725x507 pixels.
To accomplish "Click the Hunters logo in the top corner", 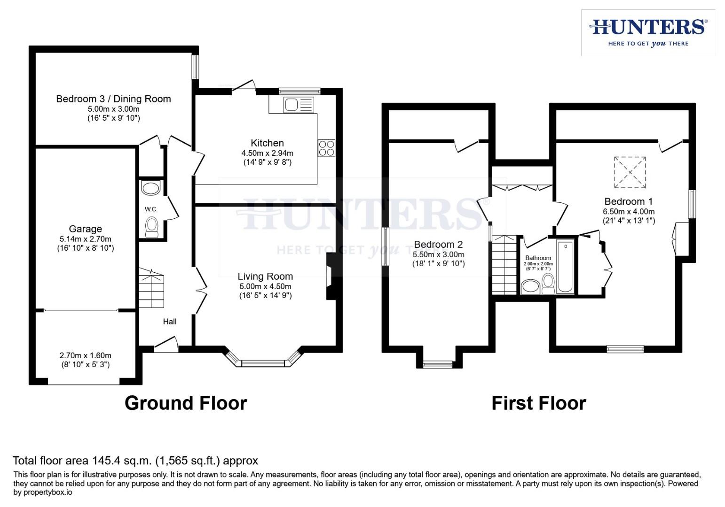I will point(648,32).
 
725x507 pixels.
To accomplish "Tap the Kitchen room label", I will point(267,143).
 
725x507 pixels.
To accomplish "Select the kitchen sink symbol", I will point(299,105).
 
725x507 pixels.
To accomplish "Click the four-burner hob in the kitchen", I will point(326,148).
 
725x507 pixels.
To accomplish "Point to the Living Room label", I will point(265,277).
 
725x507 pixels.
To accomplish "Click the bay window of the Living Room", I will point(263,362).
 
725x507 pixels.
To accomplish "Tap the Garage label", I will point(85,229).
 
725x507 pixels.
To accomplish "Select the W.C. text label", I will point(151,209).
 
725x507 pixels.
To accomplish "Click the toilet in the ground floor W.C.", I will point(151,227).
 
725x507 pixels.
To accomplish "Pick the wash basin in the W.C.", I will point(151,189).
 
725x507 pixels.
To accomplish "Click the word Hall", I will point(170,322).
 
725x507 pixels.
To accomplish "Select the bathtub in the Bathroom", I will point(565,267).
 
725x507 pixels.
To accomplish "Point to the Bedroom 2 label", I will point(438,245).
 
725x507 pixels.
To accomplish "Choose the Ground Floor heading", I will point(186,403).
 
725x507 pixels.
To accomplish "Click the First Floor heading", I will point(539,403).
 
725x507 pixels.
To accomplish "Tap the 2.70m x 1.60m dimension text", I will point(85,355).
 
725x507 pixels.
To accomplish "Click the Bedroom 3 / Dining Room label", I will point(113,99).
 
